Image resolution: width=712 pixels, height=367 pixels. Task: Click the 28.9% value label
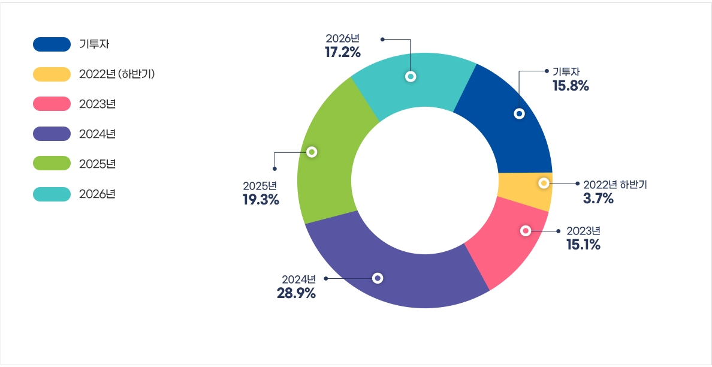[296, 294]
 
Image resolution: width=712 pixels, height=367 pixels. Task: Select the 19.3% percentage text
[261, 200]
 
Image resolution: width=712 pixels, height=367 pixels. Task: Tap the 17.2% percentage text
[343, 53]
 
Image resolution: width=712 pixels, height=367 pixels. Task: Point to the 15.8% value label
[571, 86]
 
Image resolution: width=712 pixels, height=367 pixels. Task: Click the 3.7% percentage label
[598, 199]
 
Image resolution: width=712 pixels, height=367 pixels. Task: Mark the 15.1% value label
[583, 245]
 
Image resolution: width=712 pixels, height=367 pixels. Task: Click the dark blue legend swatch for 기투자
[52, 44]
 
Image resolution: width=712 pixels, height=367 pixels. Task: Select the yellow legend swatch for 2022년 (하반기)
[52, 74]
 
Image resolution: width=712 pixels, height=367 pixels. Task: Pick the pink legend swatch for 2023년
[52, 104]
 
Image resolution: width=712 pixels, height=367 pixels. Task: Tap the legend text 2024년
[97, 134]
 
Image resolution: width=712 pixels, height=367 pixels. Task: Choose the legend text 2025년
[97, 164]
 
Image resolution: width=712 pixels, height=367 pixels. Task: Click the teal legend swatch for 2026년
[52, 194]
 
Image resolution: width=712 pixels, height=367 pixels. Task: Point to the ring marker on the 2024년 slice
[378, 278]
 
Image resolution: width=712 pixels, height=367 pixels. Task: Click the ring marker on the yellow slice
[544, 183]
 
